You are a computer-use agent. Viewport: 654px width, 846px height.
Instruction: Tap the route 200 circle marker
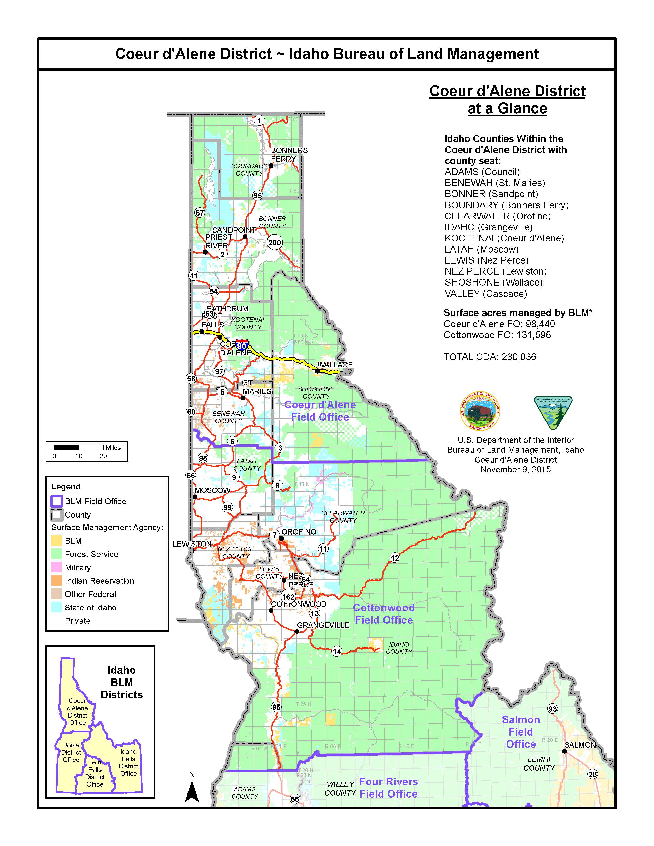(275, 243)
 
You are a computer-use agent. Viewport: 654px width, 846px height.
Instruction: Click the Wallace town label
(335, 365)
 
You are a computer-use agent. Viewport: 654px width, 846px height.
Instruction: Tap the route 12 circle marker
(394, 558)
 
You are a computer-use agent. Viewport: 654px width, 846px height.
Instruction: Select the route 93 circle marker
(552, 709)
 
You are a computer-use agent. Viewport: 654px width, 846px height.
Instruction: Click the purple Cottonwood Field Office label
(384, 614)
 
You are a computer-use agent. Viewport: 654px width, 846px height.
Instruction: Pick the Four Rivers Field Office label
(388, 788)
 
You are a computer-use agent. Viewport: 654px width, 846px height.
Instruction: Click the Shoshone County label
(316, 392)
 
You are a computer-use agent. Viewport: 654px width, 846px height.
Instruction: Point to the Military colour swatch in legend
(57, 568)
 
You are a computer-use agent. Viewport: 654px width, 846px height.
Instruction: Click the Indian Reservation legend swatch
(57, 581)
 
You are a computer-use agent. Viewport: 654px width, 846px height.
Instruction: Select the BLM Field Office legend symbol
(57, 501)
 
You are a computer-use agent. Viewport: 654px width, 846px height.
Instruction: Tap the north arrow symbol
(192, 790)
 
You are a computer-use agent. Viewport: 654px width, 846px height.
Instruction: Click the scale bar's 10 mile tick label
(79, 456)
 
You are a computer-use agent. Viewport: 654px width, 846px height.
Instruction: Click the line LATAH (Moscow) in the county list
(481, 249)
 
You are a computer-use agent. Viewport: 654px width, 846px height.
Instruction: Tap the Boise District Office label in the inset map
(71, 752)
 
